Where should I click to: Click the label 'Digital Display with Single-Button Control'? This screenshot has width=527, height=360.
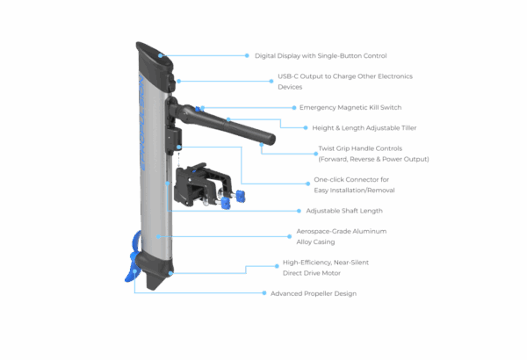[321, 56]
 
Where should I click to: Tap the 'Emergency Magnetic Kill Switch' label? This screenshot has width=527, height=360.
[350, 108]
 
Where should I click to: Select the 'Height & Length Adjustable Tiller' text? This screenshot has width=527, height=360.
[365, 128]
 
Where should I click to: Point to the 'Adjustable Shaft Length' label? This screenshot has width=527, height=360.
[344, 211]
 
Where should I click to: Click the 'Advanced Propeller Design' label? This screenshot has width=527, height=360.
[314, 293]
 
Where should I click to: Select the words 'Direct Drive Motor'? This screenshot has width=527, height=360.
[312, 273]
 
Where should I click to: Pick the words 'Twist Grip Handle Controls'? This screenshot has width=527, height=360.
[360, 148]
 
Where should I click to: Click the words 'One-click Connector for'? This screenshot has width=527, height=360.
[351, 179]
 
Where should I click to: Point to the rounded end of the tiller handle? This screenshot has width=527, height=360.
[271, 140]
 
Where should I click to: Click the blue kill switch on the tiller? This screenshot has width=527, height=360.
[198, 109]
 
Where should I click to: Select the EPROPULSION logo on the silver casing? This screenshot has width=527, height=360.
[142, 123]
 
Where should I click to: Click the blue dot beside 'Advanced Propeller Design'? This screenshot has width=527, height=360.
[264, 293]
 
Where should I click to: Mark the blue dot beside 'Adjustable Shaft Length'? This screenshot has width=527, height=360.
[299, 211]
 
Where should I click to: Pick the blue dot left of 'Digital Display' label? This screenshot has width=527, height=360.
[247, 55]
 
